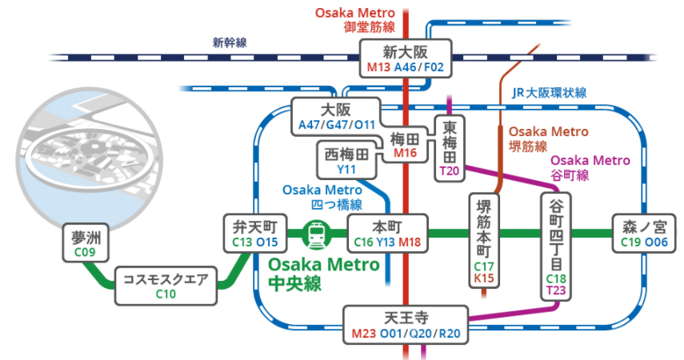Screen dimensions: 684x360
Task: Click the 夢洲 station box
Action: pyautogui.click(x=86, y=242)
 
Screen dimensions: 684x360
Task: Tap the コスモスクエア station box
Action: pyautogui.click(x=166, y=286)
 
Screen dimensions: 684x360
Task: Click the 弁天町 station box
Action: pyautogui.click(x=255, y=234)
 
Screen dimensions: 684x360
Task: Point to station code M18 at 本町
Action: pyautogui.click(x=410, y=242)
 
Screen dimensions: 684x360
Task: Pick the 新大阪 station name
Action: pyautogui.click(x=406, y=52)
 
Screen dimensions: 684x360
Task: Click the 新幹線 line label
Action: pyautogui.click(x=230, y=42)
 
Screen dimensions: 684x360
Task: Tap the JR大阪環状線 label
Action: pyautogui.click(x=550, y=93)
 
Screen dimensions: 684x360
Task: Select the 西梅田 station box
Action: pyautogui.click(x=346, y=160)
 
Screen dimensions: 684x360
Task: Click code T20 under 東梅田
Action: pyautogui.click(x=450, y=170)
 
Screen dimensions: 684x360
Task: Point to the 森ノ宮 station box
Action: pyautogui.click(x=644, y=234)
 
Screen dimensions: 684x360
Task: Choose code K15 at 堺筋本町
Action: pyautogui.click(x=484, y=278)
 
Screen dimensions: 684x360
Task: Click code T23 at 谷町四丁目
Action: pyautogui.click(x=556, y=290)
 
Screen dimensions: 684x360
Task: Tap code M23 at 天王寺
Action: pyautogui.click(x=363, y=334)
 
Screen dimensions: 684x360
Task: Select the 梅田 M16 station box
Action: pyautogui.click(x=406, y=146)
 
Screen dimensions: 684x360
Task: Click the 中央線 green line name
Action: pyautogui.click(x=295, y=284)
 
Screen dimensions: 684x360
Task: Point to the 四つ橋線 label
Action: pyautogui.click(x=337, y=205)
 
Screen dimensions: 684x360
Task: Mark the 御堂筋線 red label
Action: pyautogui.click(x=369, y=27)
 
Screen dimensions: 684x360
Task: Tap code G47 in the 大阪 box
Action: pyautogui.click(x=336, y=125)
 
